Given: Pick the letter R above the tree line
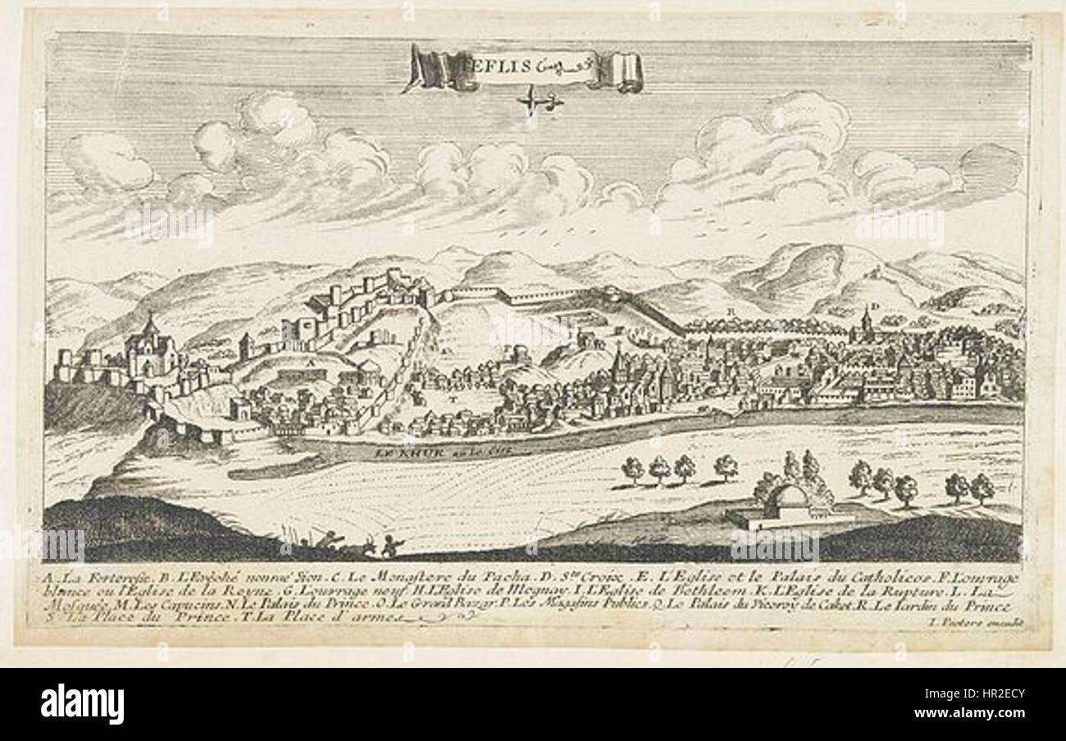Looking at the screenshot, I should click(x=730, y=312).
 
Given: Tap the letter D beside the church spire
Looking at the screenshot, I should click(x=875, y=307).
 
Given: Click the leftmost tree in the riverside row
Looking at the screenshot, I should click(x=632, y=469).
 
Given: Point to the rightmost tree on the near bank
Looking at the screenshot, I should click(x=982, y=487).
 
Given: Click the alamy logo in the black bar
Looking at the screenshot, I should click(x=82, y=704).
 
